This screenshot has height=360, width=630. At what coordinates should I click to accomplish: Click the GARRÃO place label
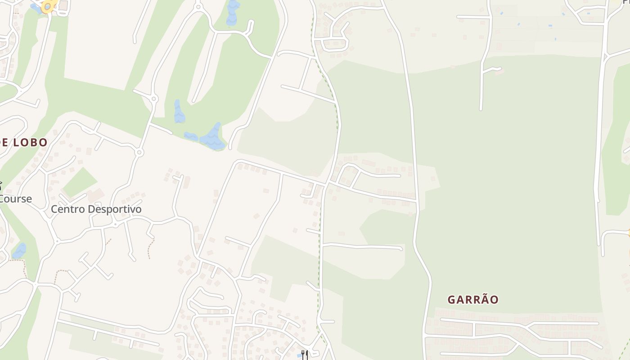coord(473,300)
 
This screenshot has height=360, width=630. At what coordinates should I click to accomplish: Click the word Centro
coord(67,209)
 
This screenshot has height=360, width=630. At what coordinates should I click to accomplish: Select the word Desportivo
coord(113,209)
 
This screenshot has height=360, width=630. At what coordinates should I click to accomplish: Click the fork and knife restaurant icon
coord(305,355)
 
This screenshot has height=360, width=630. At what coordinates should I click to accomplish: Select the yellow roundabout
coord(48,6)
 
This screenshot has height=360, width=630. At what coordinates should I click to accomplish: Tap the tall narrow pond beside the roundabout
coord(179,112)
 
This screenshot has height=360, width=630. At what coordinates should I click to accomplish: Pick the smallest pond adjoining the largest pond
coord(191,136)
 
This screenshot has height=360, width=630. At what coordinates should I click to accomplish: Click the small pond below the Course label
coord(19,251)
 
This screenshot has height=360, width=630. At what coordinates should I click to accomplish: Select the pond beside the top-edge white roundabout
coord(233,13)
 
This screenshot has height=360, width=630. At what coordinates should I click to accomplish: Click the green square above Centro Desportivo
coord(79,182)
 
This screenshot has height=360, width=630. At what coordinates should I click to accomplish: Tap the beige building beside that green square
coord(96,195)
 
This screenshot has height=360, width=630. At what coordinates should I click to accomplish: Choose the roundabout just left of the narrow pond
coord(154,99)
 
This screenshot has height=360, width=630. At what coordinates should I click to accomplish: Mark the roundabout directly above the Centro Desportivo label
coord(139,153)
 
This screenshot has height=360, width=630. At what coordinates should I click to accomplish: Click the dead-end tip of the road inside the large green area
coord(481,109)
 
